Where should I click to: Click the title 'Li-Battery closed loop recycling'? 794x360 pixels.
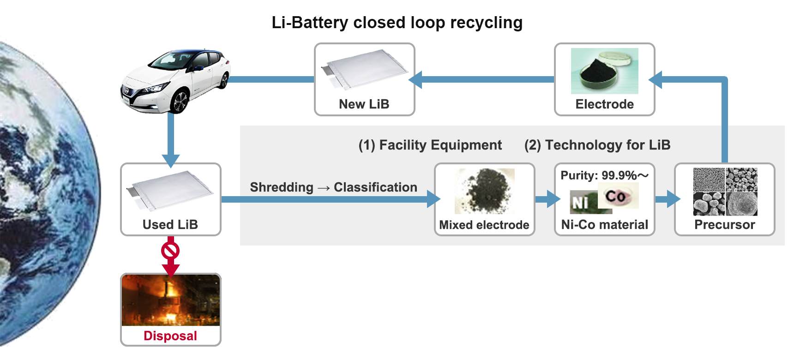pyautogui.click(x=397, y=23)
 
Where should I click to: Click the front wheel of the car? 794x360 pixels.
pyautogui.click(x=179, y=102)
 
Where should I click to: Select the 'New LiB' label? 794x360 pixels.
pyautogui.click(x=364, y=104)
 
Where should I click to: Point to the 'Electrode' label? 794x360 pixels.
pyautogui.click(x=604, y=104)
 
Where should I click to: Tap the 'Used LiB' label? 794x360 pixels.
pyautogui.click(x=170, y=225)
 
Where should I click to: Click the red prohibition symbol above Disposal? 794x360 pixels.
pyautogui.click(x=170, y=251)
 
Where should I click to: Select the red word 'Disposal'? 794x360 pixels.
pyautogui.click(x=170, y=336)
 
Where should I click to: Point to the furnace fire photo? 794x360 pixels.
pyautogui.click(x=170, y=300)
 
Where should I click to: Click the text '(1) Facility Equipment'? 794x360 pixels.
pyautogui.click(x=430, y=145)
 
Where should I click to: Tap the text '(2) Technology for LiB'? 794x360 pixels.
pyautogui.click(x=597, y=145)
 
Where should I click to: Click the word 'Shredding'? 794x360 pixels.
pyautogui.click(x=282, y=187)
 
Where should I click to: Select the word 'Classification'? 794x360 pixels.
pyautogui.click(x=375, y=187)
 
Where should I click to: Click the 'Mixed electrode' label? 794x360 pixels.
pyautogui.click(x=484, y=225)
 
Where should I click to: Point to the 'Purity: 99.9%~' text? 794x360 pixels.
pyautogui.click(x=604, y=175)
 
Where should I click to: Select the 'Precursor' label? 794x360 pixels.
pyautogui.click(x=725, y=225)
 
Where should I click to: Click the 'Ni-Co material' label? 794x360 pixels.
pyautogui.click(x=604, y=225)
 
